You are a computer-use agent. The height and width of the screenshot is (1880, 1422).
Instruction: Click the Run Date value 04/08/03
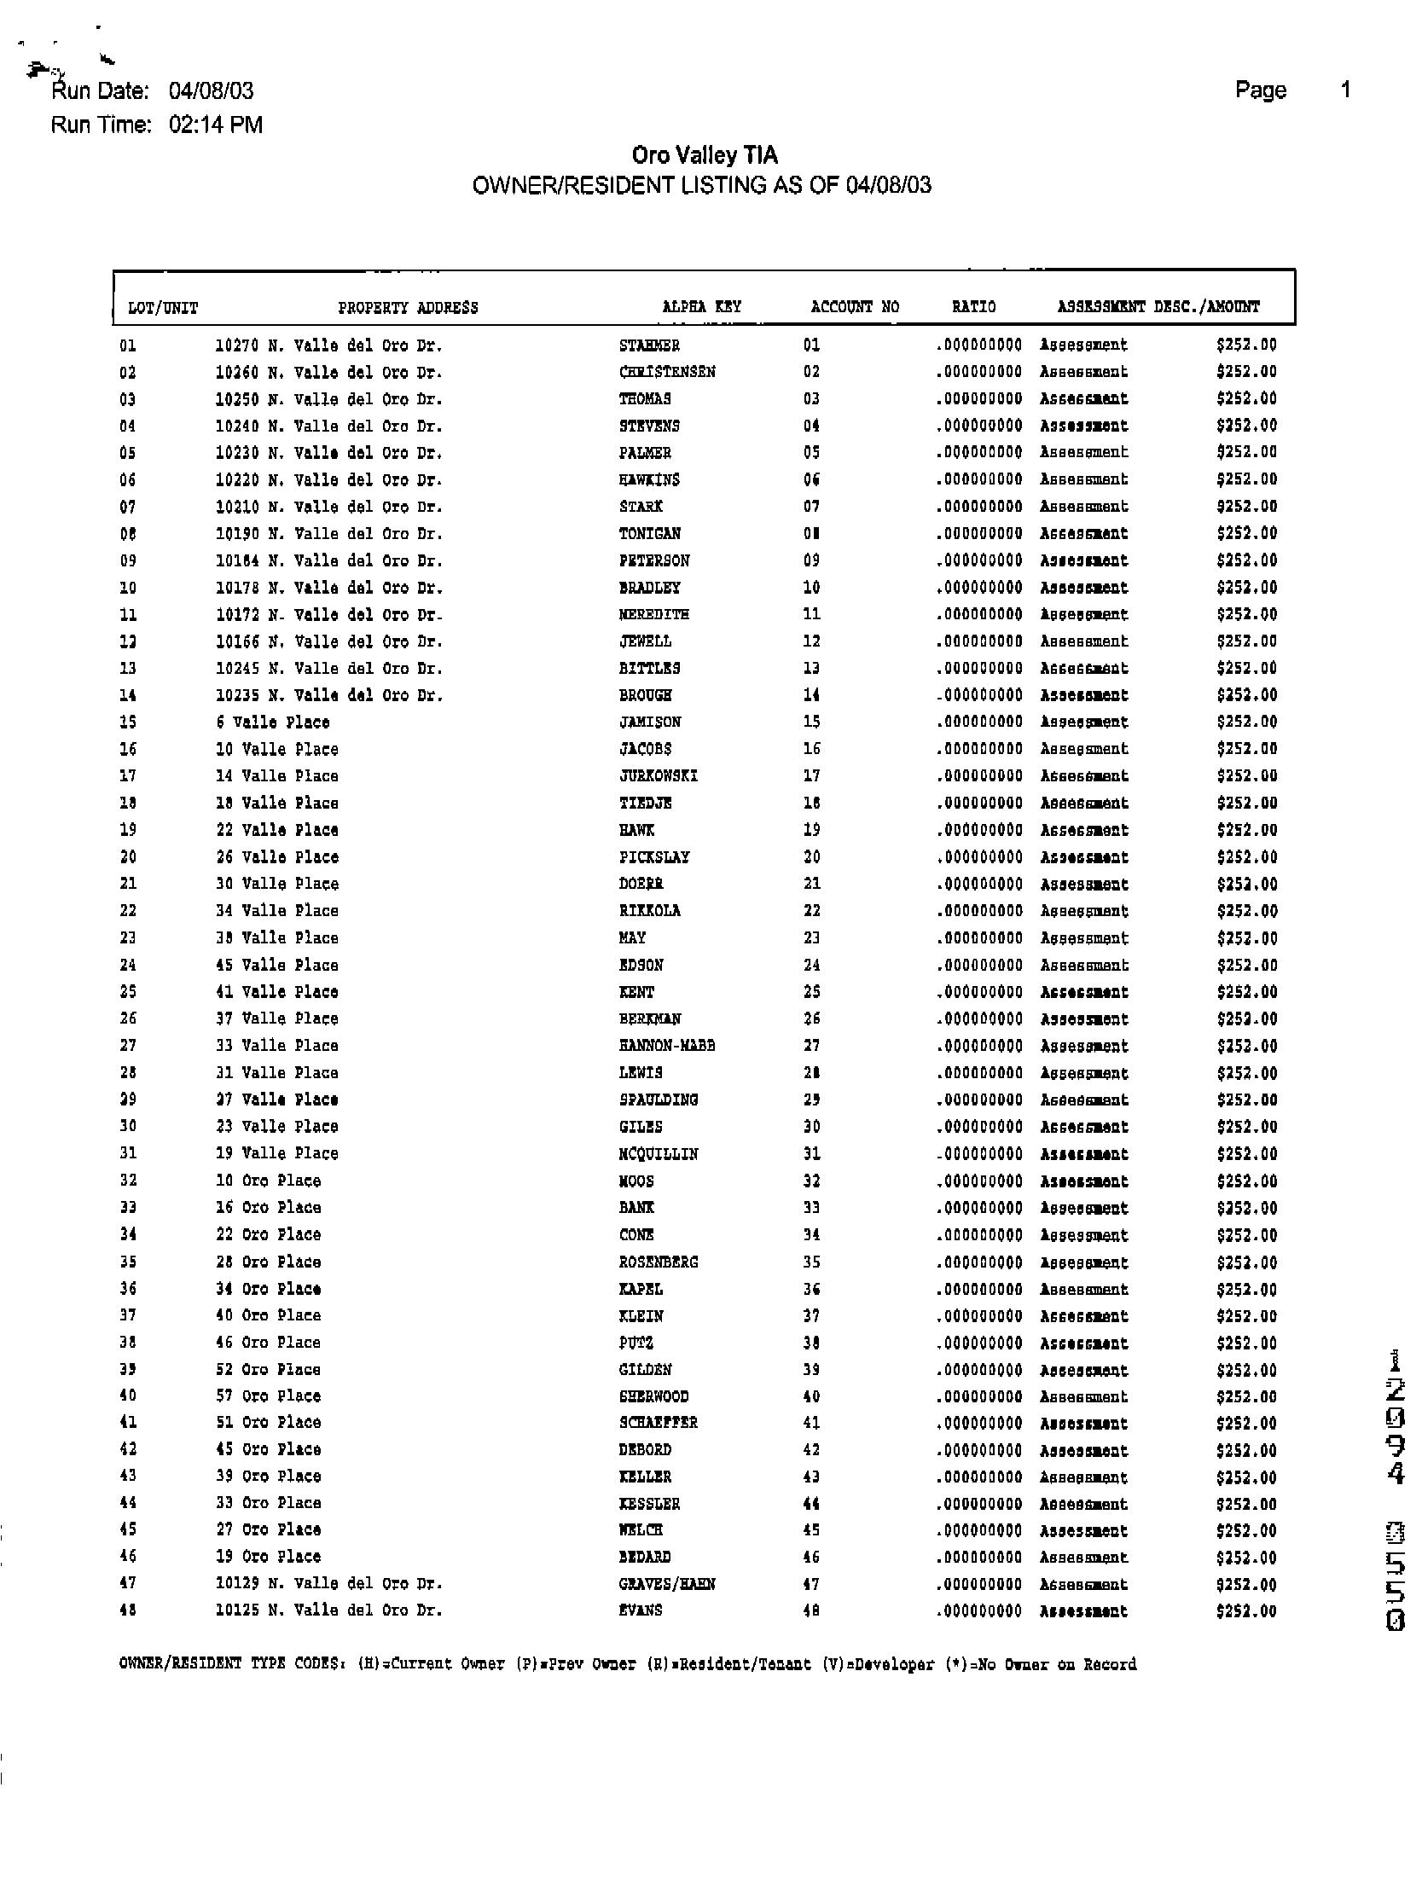click(x=211, y=90)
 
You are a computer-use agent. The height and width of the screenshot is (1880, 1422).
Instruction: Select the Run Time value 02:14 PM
click(x=216, y=125)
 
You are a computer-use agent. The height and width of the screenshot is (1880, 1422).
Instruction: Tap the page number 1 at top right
click(x=1345, y=90)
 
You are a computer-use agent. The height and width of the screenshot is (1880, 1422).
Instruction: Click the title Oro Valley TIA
click(x=705, y=155)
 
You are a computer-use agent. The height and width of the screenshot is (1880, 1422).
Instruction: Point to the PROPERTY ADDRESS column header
click(x=408, y=308)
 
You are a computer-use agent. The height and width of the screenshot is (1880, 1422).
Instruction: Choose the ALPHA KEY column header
click(x=701, y=306)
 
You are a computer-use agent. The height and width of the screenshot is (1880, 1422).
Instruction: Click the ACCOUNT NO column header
click(x=855, y=306)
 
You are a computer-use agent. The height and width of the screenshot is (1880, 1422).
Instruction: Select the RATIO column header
click(x=973, y=306)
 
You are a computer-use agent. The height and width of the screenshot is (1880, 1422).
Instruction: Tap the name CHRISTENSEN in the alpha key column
click(x=667, y=372)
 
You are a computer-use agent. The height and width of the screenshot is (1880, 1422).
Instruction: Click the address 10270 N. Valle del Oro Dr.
click(x=328, y=345)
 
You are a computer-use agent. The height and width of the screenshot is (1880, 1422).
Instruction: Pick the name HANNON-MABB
click(x=667, y=1046)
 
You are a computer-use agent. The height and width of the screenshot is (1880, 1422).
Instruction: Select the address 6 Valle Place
click(x=272, y=722)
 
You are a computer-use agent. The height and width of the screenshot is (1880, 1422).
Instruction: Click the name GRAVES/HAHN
click(x=667, y=1584)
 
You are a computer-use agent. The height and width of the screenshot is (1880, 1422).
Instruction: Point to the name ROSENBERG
click(x=659, y=1262)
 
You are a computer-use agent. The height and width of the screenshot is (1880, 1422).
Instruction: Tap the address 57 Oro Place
click(x=268, y=1396)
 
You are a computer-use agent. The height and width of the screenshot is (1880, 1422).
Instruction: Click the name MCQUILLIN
click(x=659, y=1154)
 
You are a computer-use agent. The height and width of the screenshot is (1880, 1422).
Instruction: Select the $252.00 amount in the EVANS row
click(x=1246, y=1611)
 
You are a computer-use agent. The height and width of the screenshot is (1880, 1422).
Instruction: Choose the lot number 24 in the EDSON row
click(x=128, y=966)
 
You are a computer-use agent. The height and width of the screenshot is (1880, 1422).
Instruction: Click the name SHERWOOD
click(x=654, y=1396)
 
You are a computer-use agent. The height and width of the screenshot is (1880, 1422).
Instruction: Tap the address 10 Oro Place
click(x=268, y=1181)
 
